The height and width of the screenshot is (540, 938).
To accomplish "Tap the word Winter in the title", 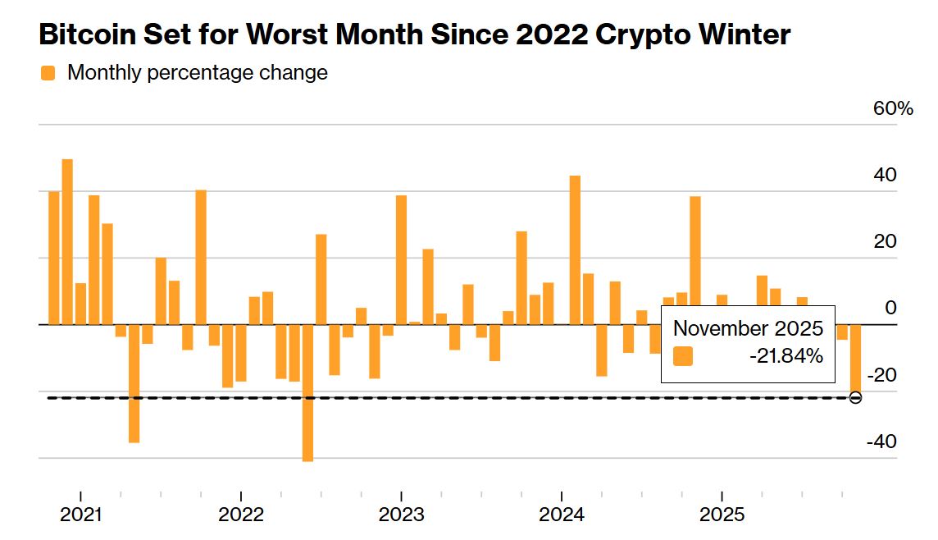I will [741, 34].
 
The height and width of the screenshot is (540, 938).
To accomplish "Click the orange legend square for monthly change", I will [48, 73].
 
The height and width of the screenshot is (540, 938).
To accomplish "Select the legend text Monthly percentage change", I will [198, 73].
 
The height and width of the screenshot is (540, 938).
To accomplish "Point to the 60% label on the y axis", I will [892, 108].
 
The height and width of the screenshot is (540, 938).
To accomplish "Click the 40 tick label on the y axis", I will [885, 176].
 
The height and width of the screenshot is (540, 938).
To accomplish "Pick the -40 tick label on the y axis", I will [881, 442].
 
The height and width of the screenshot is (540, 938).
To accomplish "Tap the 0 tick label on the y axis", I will [891, 309].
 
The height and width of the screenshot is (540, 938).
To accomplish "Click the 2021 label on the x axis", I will [80, 515].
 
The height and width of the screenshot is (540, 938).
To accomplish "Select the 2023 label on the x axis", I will [401, 515].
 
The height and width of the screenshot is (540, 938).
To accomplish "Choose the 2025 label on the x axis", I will [721, 515].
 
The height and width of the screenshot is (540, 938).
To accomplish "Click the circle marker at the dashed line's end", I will [855, 398].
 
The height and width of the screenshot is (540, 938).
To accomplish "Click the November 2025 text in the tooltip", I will [748, 328].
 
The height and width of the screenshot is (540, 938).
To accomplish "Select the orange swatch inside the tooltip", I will [683, 356].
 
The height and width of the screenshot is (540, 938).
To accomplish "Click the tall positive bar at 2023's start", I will [401, 259].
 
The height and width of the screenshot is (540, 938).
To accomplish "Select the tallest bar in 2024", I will [575, 249].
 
